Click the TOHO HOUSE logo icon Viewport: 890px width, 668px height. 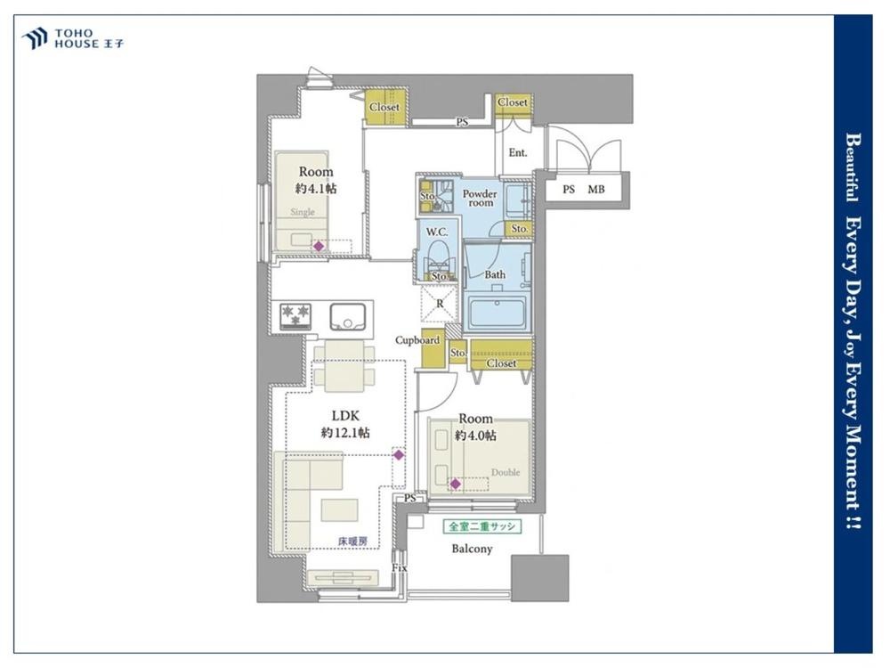coord(34,38)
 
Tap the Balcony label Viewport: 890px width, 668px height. coord(472,549)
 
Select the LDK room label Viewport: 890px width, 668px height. coord(345,415)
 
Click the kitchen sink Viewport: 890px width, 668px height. coord(348,317)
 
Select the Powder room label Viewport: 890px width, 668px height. coord(480,198)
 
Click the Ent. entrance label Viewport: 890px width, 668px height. coord(518,152)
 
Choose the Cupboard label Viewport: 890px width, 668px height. coord(417,340)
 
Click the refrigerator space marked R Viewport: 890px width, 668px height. coord(440,304)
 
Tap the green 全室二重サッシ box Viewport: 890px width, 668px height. coord(481,526)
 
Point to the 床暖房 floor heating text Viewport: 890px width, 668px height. coord(352,542)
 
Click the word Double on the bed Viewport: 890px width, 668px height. coord(506,472)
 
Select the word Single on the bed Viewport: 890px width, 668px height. coord(303,212)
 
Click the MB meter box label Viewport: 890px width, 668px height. coord(596,190)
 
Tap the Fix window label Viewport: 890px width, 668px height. coord(400,567)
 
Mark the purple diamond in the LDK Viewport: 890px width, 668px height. coord(399,455)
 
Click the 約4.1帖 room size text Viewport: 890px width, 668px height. coord(316,189)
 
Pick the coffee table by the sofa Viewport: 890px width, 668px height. coord(339,509)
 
